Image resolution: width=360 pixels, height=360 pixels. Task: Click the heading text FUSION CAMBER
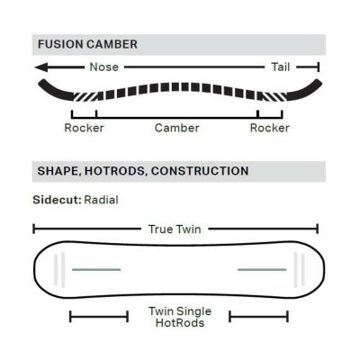click(x=87, y=44)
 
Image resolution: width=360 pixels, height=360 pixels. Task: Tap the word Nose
click(x=104, y=67)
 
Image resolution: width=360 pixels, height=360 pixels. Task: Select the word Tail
click(x=281, y=67)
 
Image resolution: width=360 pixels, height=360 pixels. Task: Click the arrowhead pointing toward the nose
click(x=41, y=67)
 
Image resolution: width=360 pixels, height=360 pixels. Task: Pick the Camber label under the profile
click(x=177, y=128)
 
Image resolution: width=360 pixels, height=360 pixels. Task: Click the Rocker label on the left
click(x=84, y=128)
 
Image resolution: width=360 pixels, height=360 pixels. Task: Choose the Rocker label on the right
click(x=270, y=128)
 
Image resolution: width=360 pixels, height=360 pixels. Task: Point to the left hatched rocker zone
click(x=85, y=96)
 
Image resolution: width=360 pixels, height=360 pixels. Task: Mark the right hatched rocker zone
click(x=274, y=96)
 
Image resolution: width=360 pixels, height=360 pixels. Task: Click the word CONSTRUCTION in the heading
click(x=200, y=171)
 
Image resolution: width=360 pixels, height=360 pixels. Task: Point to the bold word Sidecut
click(x=57, y=200)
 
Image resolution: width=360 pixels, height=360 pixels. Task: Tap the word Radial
click(x=101, y=200)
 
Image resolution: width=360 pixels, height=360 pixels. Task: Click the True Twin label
click(x=175, y=229)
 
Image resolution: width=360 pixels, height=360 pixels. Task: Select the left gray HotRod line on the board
click(x=96, y=270)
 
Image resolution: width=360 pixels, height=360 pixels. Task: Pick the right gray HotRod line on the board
click(x=262, y=270)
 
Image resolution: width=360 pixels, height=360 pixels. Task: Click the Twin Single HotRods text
click(x=180, y=317)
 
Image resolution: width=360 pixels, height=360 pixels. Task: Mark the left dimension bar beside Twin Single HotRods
click(x=99, y=317)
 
